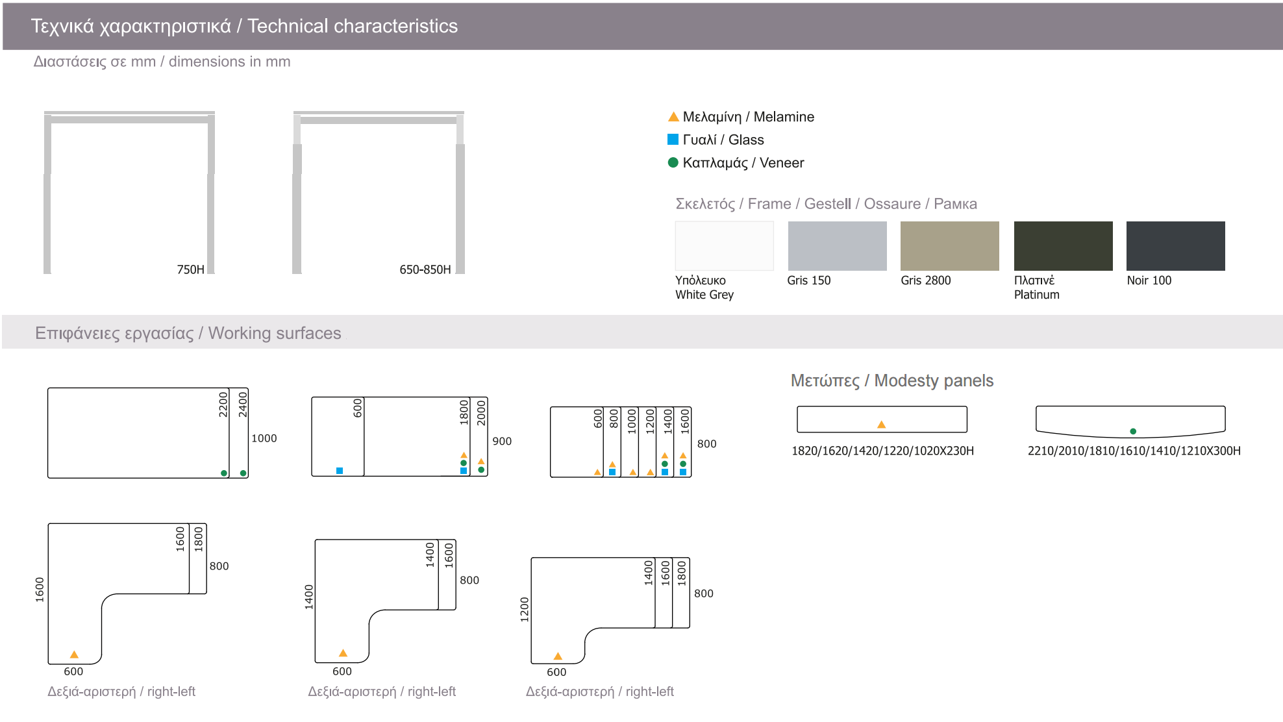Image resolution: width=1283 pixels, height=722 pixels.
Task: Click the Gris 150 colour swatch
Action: pos(837,246)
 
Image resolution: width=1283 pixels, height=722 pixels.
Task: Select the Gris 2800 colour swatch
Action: pos(949,246)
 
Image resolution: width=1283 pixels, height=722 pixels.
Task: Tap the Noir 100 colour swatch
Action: pos(1175,246)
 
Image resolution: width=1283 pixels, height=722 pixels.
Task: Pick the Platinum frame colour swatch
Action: pos(1063,246)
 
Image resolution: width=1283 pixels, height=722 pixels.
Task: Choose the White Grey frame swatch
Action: pos(724,246)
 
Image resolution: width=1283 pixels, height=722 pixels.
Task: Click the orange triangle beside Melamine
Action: pos(673,117)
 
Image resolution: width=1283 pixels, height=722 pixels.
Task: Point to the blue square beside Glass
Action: pos(673,140)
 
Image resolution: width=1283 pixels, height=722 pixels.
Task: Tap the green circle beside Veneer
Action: pos(673,162)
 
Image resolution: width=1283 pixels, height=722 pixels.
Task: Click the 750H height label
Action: pos(190,269)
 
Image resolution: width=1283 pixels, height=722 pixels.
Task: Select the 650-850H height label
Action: pos(425,269)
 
